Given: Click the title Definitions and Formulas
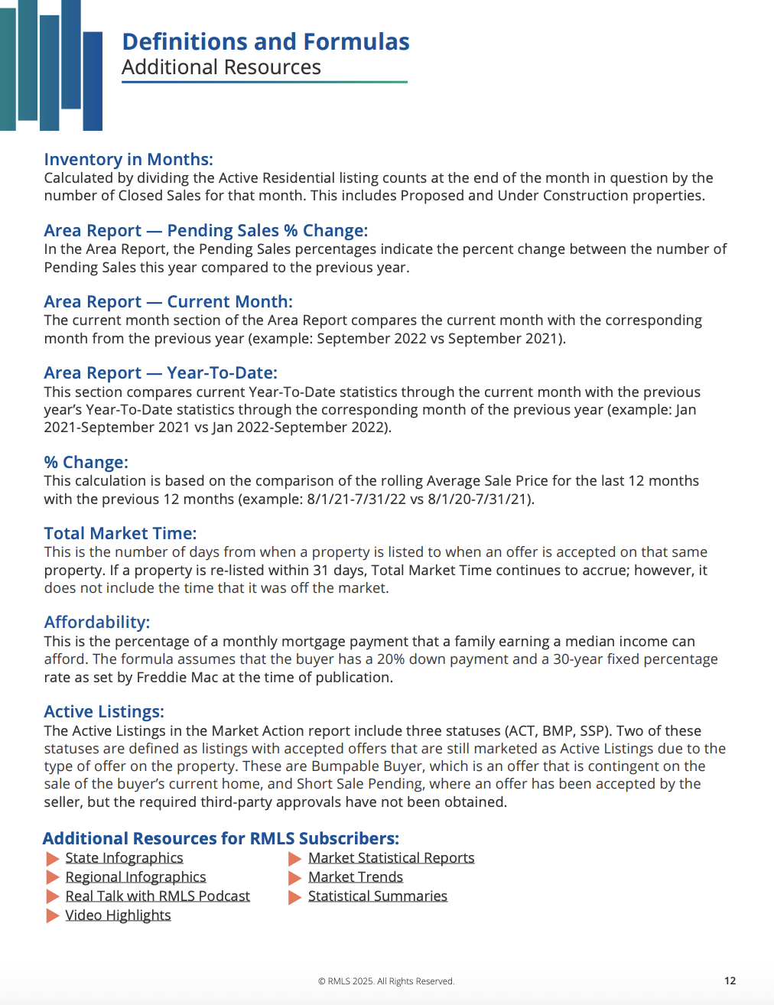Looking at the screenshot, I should tap(265, 41).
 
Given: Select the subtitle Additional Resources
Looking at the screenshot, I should tap(221, 67).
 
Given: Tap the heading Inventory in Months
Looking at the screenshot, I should tap(128, 159).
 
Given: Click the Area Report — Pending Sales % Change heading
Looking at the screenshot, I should tap(206, 230).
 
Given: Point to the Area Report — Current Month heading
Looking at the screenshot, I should tap(168, 301).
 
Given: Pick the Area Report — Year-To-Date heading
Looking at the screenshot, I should tap(161, 372).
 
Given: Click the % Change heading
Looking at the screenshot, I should tap(86, 462).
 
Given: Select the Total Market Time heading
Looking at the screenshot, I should tap(120, 533).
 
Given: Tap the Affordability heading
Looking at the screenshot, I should tap(96, 622).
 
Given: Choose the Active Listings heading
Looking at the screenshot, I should tap(104, 711).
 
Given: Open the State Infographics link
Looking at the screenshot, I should tap(124, 857).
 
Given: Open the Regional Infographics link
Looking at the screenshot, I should tap(135, 877).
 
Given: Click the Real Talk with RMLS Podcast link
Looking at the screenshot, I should tap(158, 896).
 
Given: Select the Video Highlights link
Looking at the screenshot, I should tap(118, 915).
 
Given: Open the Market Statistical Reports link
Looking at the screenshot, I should tap(391, 857).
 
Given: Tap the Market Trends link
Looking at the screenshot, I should tap(355, 877).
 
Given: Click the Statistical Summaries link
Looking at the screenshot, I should tap(377, 896).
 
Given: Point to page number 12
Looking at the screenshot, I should tap(730, 981).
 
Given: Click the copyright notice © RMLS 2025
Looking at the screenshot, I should tap(385, 981).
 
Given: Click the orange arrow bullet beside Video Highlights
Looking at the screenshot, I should tap(53, 916).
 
